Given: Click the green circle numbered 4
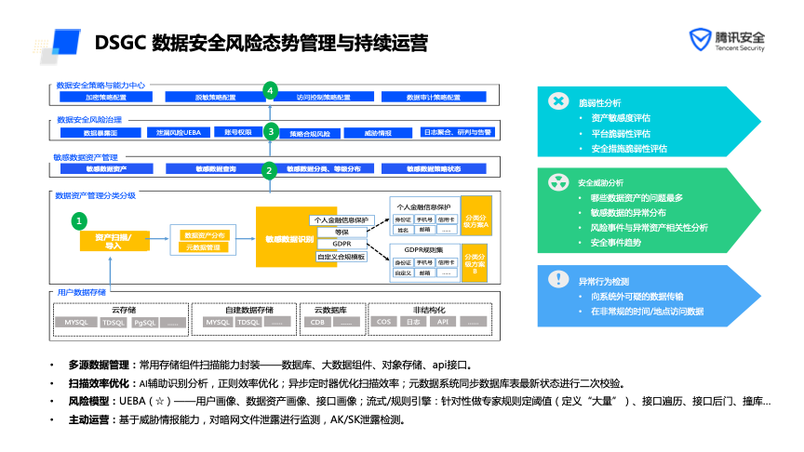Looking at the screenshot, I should point(270,90).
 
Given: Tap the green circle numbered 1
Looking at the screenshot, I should point(80,220).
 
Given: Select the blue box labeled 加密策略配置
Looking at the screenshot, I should point(106,98).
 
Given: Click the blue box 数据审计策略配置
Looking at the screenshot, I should point(434,98).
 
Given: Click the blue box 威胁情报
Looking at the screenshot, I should point(379,133).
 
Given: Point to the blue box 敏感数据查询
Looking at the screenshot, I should point(216,168).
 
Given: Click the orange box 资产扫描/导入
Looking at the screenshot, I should point(114,242).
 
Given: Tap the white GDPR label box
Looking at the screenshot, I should point(342,244).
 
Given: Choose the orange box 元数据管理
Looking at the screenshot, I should point(202,248).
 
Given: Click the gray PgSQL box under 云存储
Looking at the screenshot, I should point(143,322).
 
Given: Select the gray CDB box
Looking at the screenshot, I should point(318,322).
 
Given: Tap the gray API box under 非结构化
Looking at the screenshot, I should point(443,322).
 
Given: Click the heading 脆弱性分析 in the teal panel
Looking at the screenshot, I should point(599,102).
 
